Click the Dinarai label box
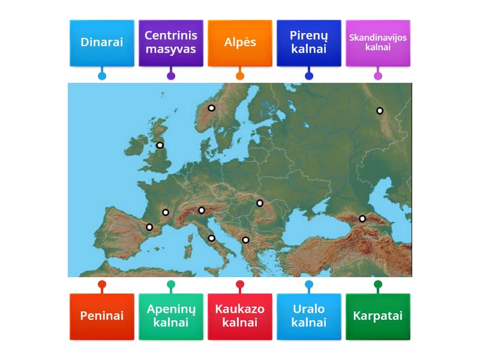click(x=102, y=43)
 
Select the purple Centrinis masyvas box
click(x=171, y=43)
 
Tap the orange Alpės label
click(x=240, y=43)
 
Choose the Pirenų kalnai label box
click(x=309, y=43)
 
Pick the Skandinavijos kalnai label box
click(x=378, y=43)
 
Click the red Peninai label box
click(x=102, y=316)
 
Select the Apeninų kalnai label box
click(x=171, y=316)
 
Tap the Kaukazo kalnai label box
click(x=240, y=316)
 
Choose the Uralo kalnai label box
click(x=309, y=316)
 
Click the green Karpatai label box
click(x=378, y=316)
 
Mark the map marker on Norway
click(x=212, y=108)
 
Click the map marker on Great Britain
click(x=160, y=145)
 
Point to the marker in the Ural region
click(x=380, y=110)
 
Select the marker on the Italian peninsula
click(x=211, y=238)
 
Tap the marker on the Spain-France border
click(x=149, y=227)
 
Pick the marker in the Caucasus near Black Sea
click(x=362, y=218)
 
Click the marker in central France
click(x=166, y=212)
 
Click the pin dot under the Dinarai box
click(x=102, y=76)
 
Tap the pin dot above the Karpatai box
click(x=378, y=284)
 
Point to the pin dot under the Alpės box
click(x=240, y=76)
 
